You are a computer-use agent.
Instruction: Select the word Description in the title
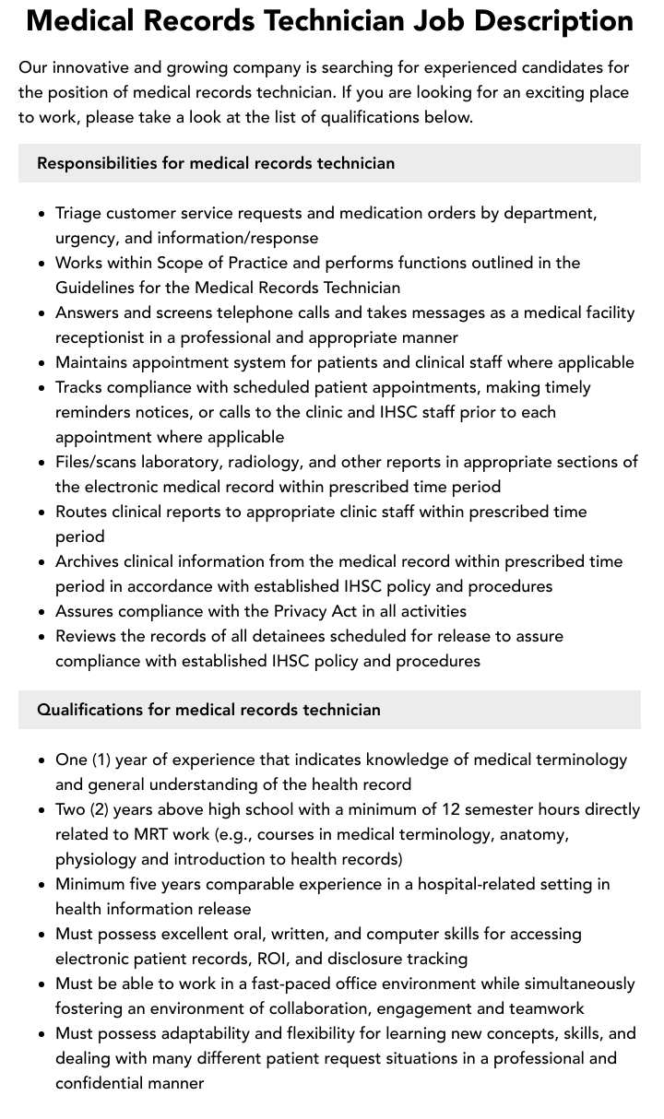(x=562, y=20)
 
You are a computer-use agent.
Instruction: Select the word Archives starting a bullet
(x=87, y=561)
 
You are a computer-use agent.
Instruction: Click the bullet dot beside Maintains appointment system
(x=42, y=362)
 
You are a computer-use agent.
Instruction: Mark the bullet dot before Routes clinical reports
(x=42, y=512)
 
